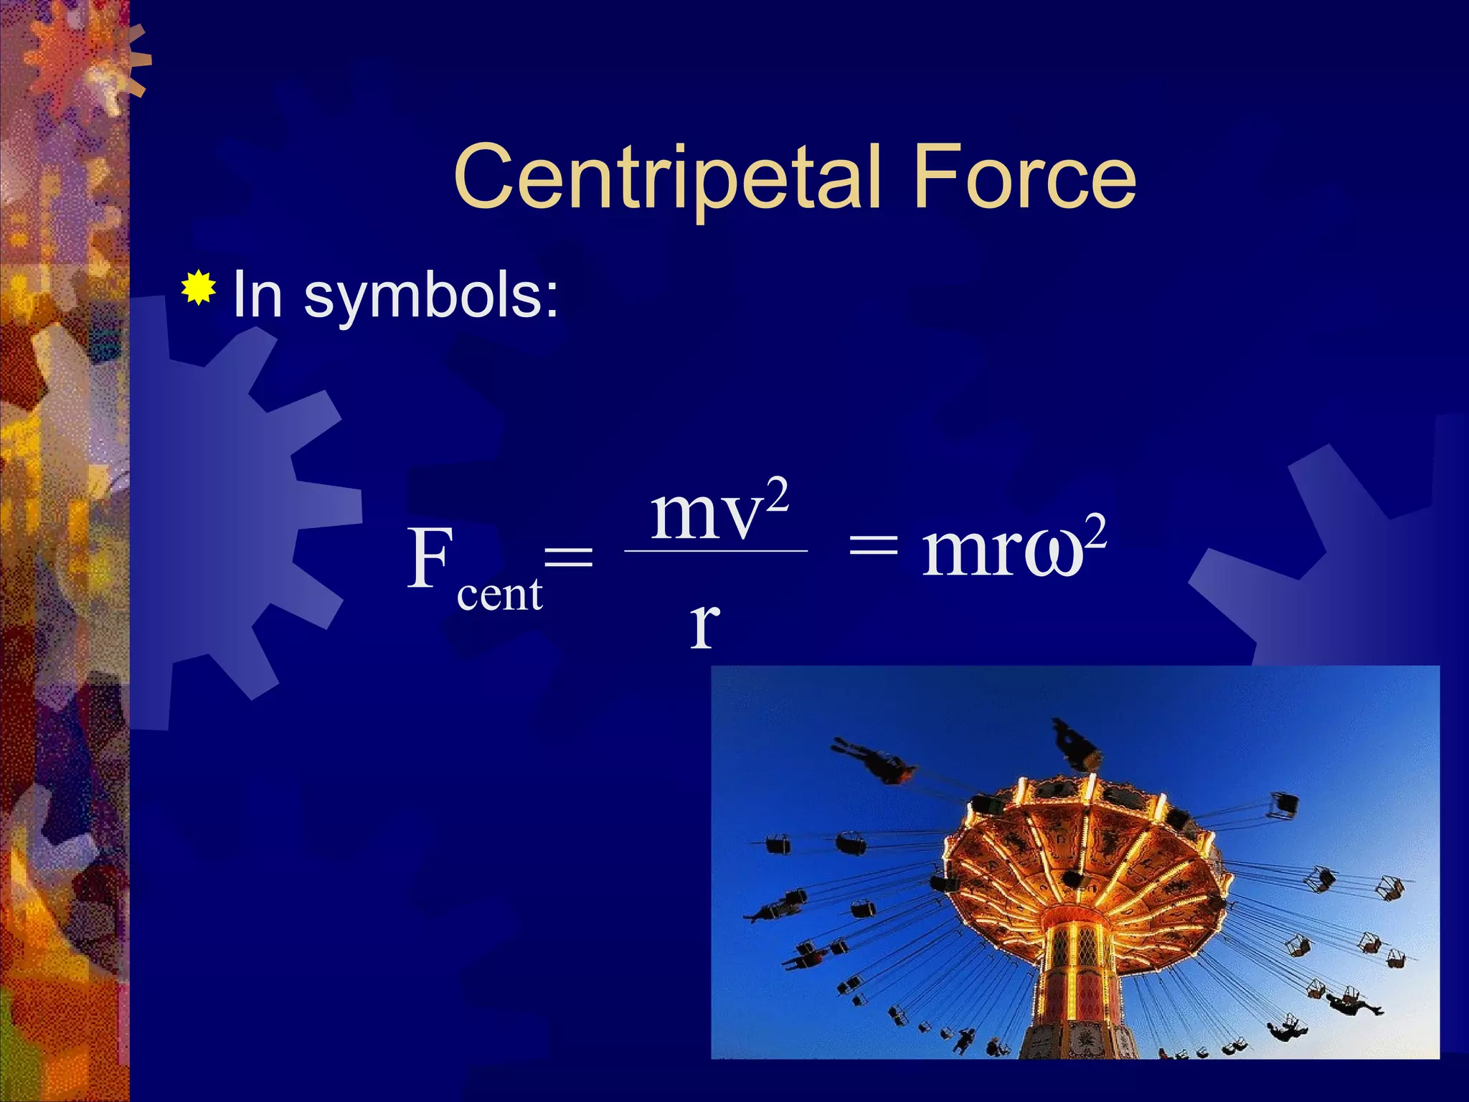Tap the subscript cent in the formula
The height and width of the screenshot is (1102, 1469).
tap(499, 595)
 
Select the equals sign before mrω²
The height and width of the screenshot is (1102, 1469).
tap(873, 552)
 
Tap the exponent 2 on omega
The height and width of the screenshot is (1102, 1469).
tap(1095, 532)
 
